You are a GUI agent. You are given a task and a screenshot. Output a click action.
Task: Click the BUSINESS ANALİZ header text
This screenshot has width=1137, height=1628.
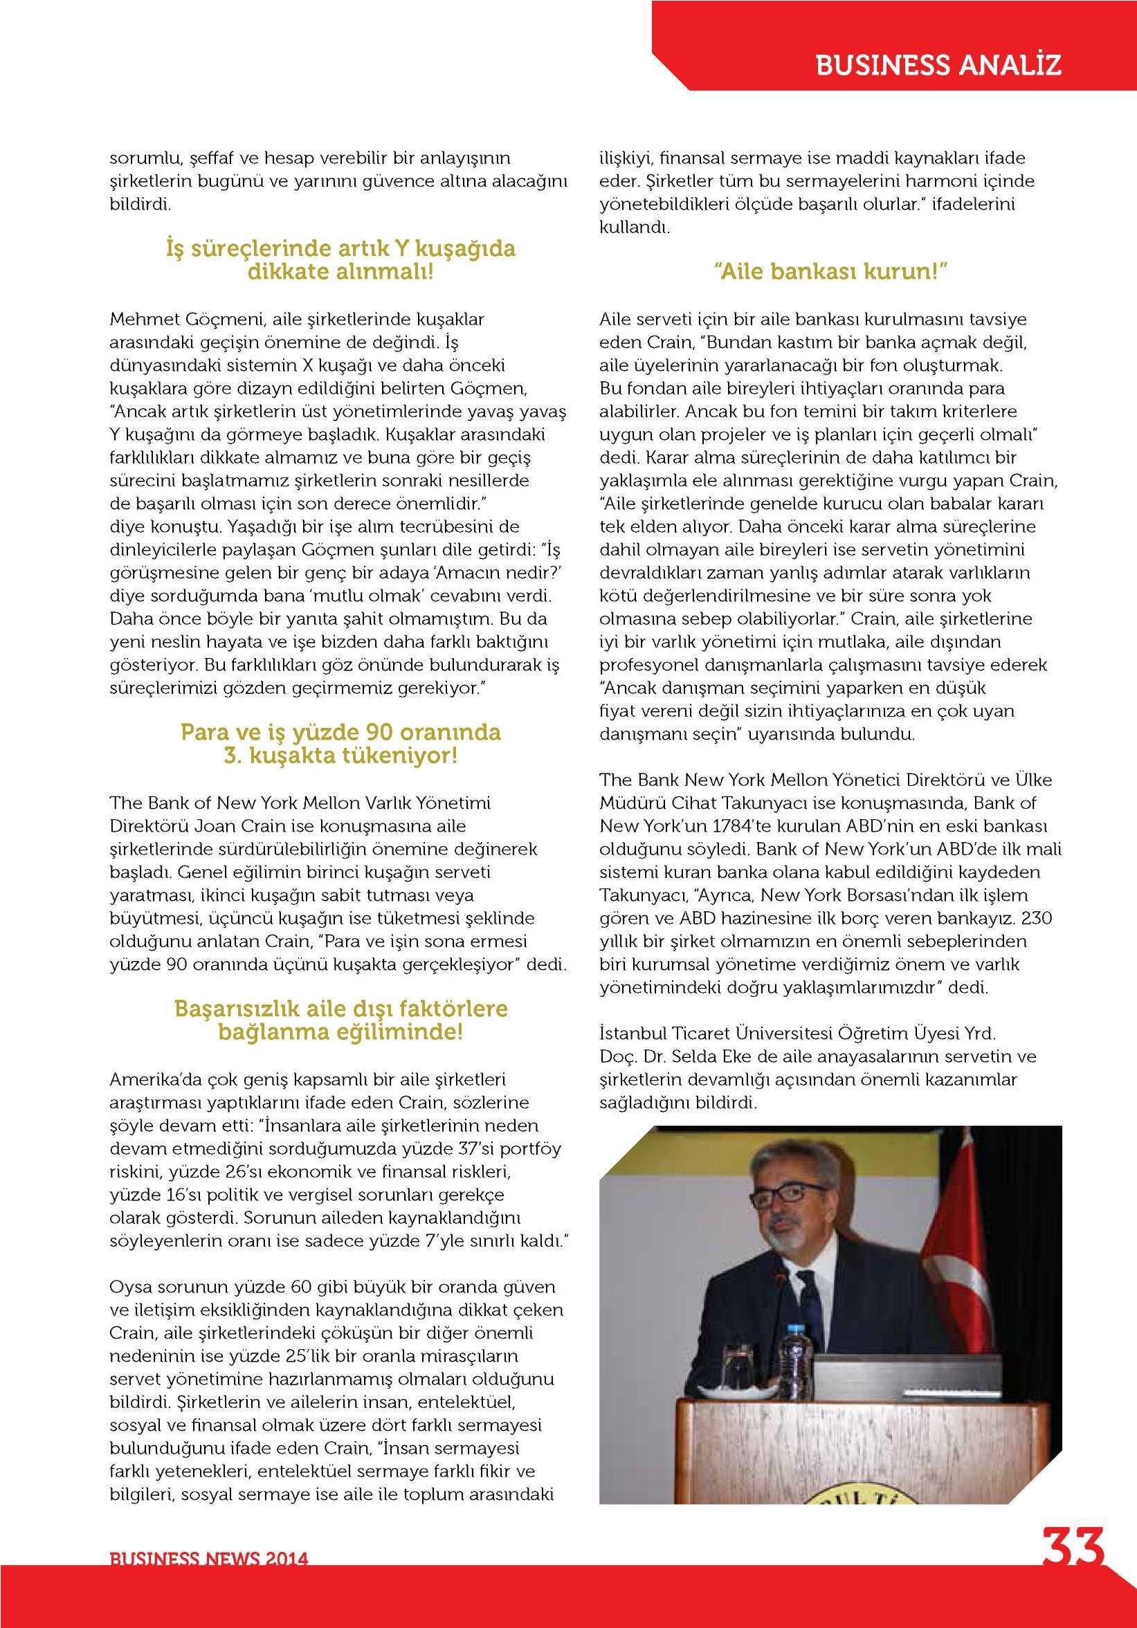tap(938, 65)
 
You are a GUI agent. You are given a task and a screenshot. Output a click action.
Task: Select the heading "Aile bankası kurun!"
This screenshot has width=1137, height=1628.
tap(830, 272)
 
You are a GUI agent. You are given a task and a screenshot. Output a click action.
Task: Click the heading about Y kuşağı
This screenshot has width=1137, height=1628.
tap(340, 260)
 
